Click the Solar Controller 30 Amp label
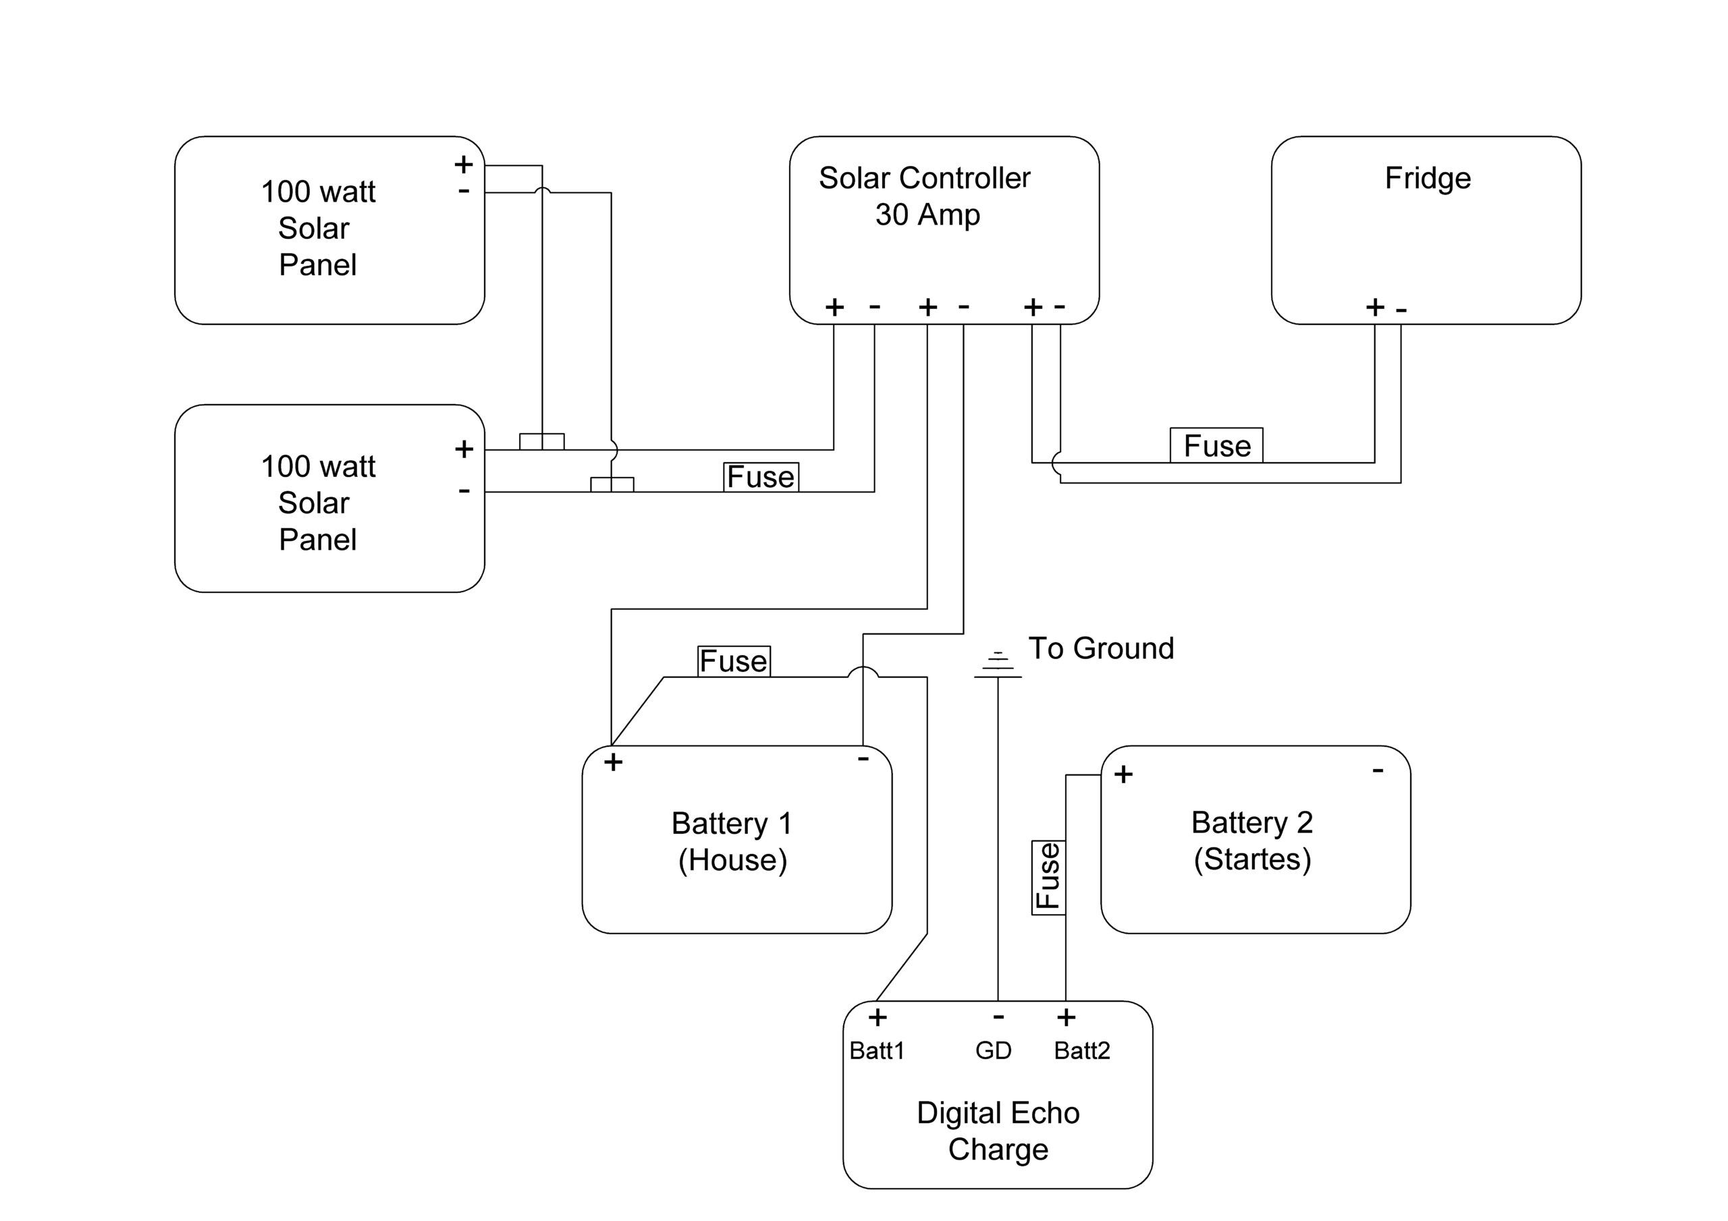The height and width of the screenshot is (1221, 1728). tap(925, 196)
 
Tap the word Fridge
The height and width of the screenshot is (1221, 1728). tap(1427, 178)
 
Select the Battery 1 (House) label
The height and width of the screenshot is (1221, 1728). tap(732, 842)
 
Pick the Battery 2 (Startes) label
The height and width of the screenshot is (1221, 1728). tap(1251, 841)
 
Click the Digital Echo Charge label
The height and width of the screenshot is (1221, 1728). tap(998, 1131)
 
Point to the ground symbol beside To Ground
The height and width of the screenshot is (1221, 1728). tap(997, 665)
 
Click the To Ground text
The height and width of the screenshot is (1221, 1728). tap(1101, 648)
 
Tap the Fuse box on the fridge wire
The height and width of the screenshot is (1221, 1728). tap(1216, 445)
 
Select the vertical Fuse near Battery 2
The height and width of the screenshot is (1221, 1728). tap(1048, 877)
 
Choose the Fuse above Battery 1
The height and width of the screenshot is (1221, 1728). tap(734, 661)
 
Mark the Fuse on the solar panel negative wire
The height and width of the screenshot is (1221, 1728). tap(761, 477)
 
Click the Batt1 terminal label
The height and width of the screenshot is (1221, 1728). tap(877, 1050)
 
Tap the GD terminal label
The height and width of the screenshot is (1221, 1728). tap(994, 1050)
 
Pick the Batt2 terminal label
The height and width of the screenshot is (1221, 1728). tap(1081, 1050)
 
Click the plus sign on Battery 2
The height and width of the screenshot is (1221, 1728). tap(1124, 774)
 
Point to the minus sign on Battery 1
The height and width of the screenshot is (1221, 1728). tap(863, 758)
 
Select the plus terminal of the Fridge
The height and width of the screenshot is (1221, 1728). tap(1375, 307)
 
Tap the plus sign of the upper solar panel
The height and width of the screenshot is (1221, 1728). tap(464, 164)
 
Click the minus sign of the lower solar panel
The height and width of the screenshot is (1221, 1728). tap(464, 491)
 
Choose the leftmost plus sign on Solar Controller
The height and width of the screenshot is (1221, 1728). tap(834, 307)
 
